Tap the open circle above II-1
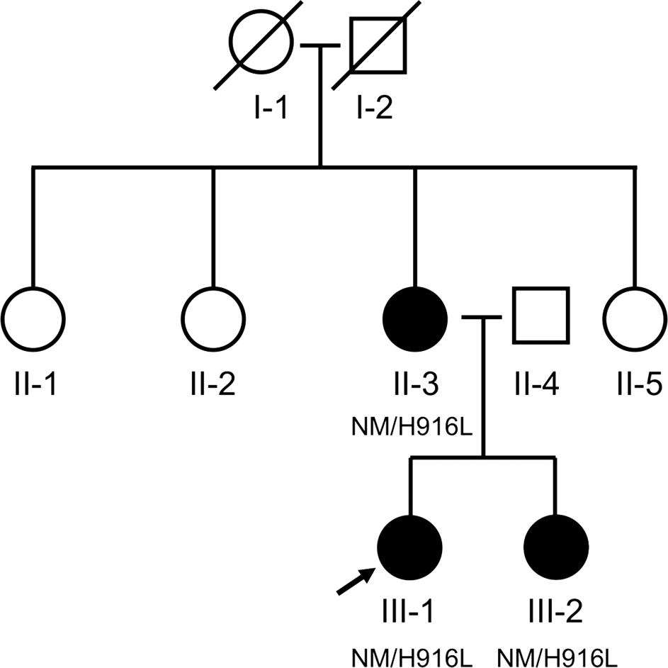coord(33,317)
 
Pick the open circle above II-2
coord(213,317)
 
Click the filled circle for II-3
coord(414,317)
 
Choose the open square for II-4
coord(540,315)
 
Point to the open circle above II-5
coord(635,317)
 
